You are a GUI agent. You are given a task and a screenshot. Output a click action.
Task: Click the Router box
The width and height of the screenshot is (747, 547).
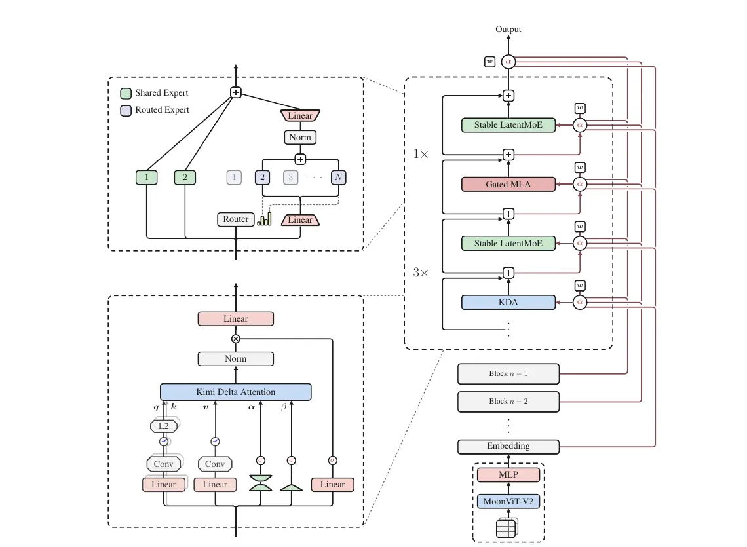click(x=235, y=219)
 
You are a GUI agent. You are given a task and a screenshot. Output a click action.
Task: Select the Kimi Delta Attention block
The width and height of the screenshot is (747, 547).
click(x=236, y=392)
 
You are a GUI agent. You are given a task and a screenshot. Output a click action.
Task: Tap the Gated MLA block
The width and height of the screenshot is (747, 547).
click(x=508, y=184)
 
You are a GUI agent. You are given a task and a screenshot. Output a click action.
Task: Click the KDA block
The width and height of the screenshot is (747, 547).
click(x=508, y=303)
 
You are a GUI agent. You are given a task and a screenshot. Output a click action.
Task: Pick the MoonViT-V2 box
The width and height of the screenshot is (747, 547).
click(x=508, y=501)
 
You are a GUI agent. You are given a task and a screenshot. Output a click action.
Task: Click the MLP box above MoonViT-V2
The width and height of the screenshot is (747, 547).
click(x=508, y=474)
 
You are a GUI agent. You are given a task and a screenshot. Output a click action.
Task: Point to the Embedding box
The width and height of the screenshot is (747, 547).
click(x=508, y=447)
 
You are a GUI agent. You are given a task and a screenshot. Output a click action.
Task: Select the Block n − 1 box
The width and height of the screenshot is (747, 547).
click(x=508, y=374)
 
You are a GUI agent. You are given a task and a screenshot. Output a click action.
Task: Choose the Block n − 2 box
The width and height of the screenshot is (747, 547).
click(x=508, y=402)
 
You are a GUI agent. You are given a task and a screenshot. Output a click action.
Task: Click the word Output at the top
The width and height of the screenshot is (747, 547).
click(x=508, y=29)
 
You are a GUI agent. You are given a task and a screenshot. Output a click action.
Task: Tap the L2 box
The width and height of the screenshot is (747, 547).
click(x=164, y=426)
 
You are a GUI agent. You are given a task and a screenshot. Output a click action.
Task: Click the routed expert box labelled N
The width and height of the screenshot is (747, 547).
click(x=339, y=178)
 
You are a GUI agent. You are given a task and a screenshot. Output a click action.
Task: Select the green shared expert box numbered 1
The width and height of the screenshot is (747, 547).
click(x=146, y=178)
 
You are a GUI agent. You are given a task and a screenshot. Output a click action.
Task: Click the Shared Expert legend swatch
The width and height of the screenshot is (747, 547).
click(x=126, y=93)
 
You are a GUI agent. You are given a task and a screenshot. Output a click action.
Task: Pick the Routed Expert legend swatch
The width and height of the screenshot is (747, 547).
click(x=126, y=111)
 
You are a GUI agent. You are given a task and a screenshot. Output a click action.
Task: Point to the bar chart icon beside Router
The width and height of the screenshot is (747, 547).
click(x=265, y=219)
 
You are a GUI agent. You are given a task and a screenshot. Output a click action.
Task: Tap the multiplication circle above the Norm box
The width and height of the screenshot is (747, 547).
click(x=236, y=339)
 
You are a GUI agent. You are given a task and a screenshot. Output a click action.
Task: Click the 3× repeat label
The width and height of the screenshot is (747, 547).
click(x=421, y=273)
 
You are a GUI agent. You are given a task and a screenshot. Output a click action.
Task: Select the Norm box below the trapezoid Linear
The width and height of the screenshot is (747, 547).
click(x=300, y=137)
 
